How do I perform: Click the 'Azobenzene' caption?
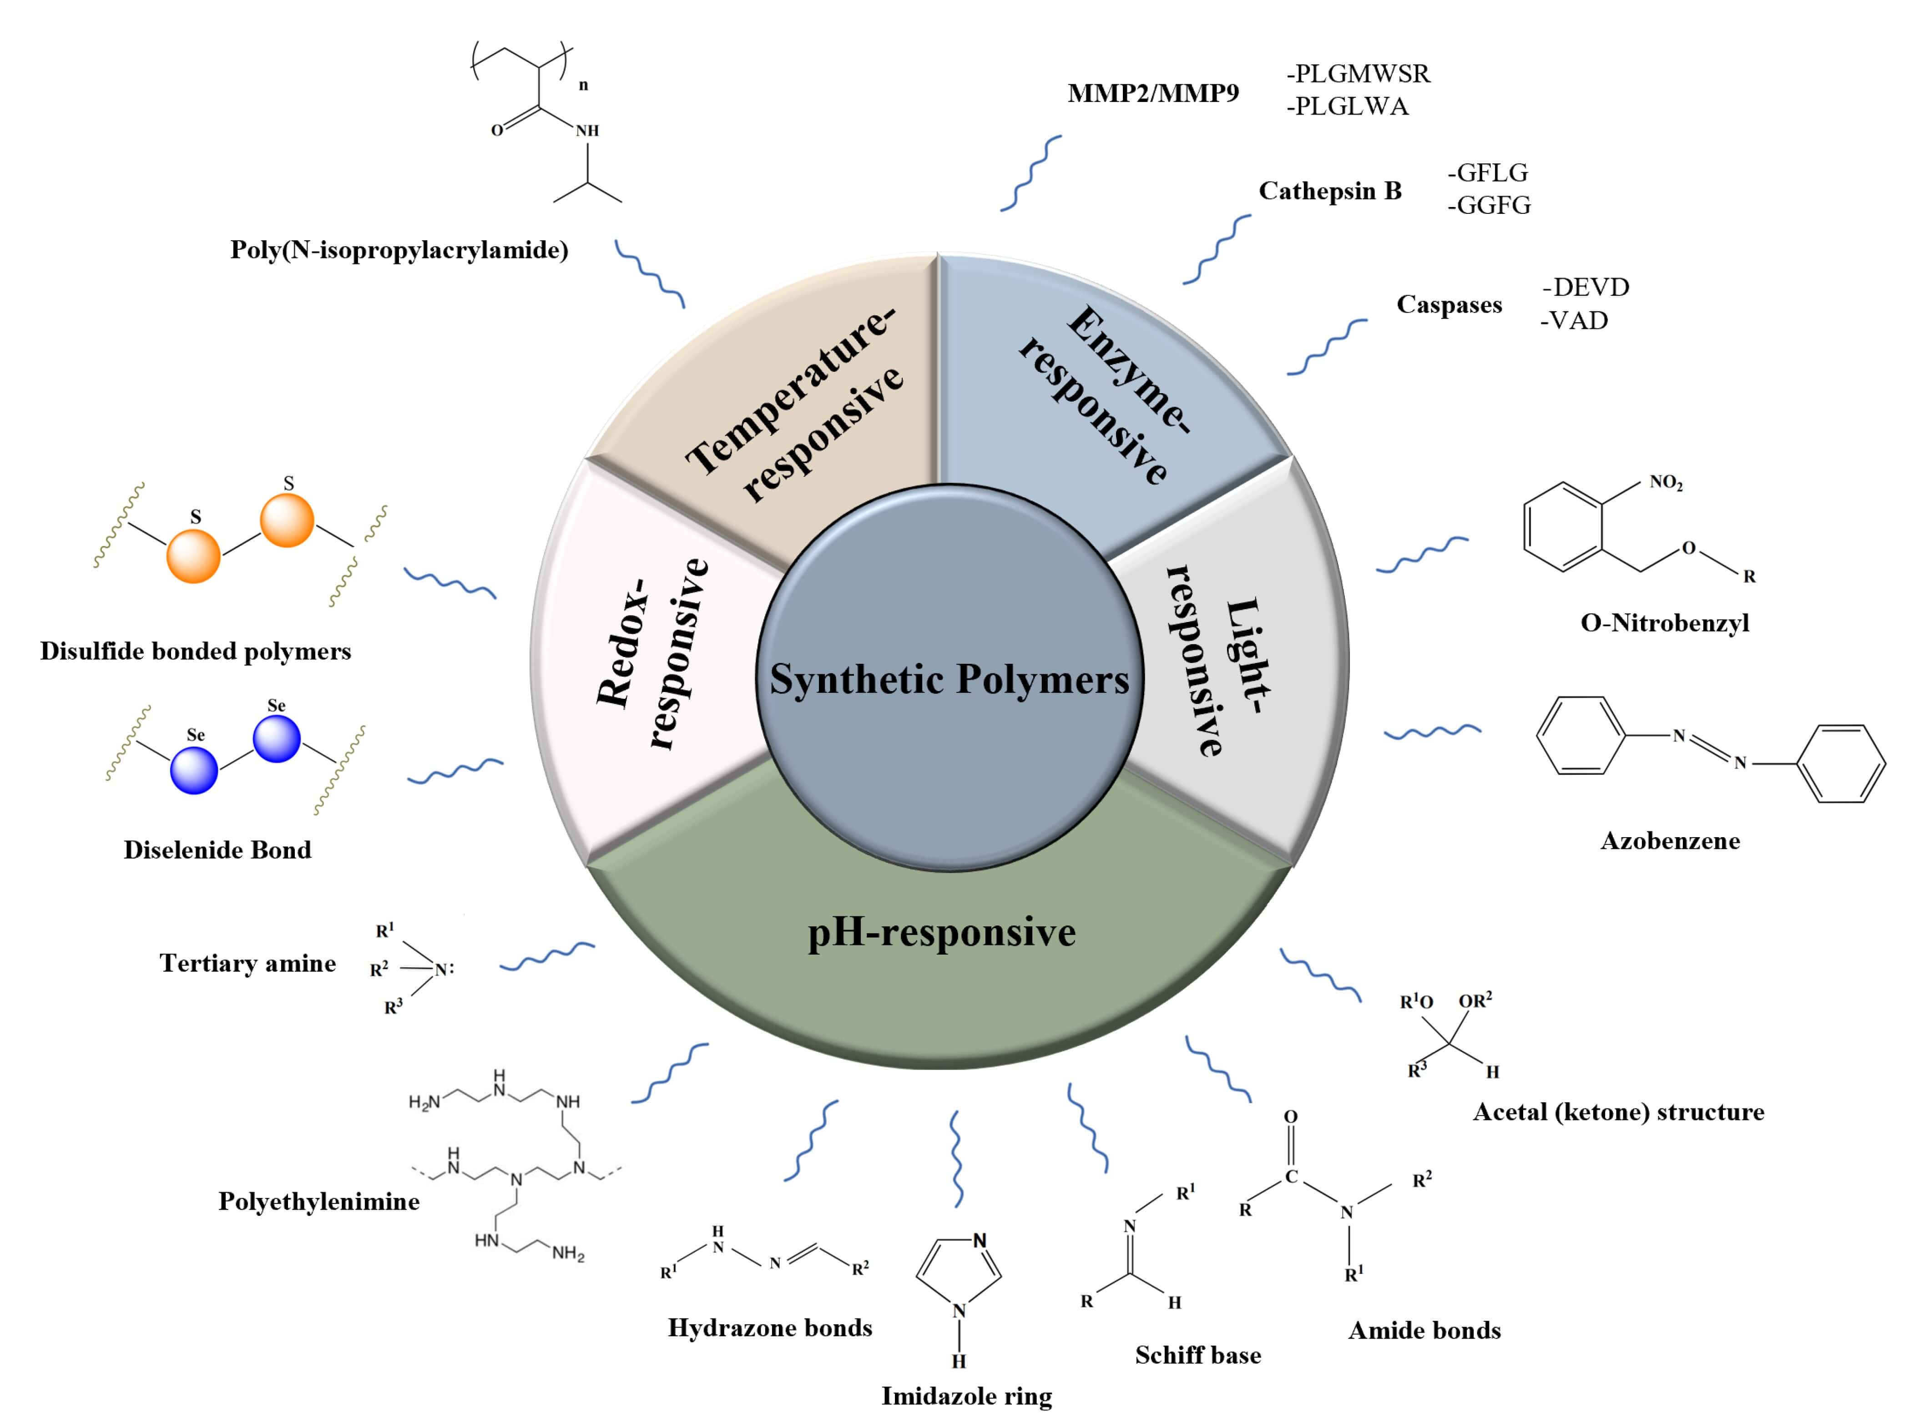pos(1670,841)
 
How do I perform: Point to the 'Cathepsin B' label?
pos(1330,191)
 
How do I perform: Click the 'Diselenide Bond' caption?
pos(217,849)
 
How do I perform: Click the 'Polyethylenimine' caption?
pos(318,1201)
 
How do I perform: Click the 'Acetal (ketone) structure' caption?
pos(1618,1112)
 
